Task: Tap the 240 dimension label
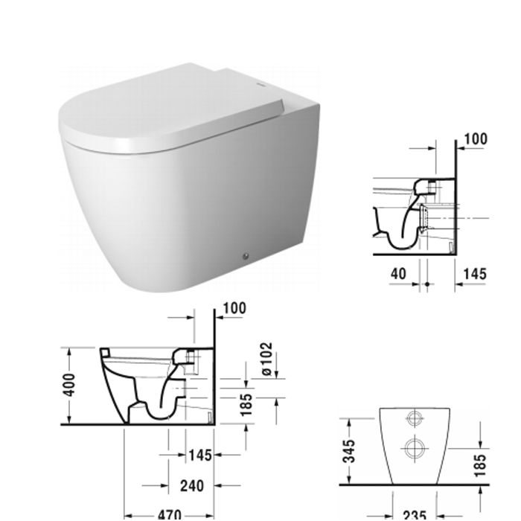pos(193,485)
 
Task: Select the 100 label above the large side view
pos(234,307)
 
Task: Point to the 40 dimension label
pos(398,273)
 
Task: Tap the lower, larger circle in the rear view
pos(414,448)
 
